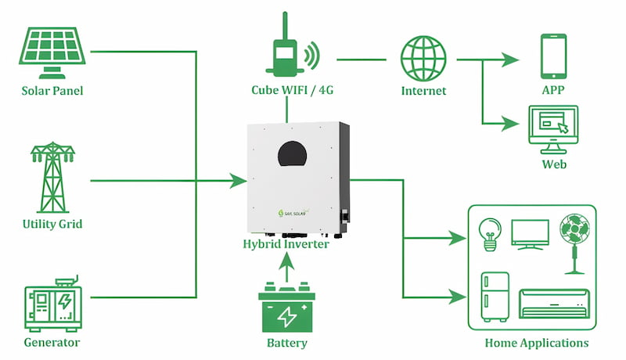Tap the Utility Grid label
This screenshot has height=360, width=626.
click(52, 225)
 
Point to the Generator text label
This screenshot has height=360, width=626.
click(52, 342)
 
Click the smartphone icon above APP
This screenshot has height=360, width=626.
click(552, 56)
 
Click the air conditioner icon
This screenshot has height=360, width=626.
click(553, 302)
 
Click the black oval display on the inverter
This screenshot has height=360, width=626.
click(292, 153)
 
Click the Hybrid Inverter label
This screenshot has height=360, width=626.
click(286, 244)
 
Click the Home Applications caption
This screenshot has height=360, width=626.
click(536, 343)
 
